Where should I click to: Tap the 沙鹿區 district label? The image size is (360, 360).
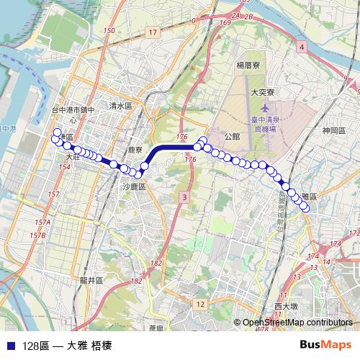pos(133,186)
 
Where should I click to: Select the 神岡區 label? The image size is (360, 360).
pos(335,130)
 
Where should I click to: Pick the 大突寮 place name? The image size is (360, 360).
pos(263,92)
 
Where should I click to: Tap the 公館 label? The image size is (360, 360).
pos(232,135)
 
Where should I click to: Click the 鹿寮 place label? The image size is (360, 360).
pos(136,150)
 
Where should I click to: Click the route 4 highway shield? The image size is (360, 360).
pos(301,46)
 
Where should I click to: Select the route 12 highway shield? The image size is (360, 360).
pos(199,305)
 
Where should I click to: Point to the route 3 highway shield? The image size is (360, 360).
pos(186,197)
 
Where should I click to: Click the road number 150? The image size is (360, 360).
pos(109,30)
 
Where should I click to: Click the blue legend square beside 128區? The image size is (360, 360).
pos(9,345)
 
